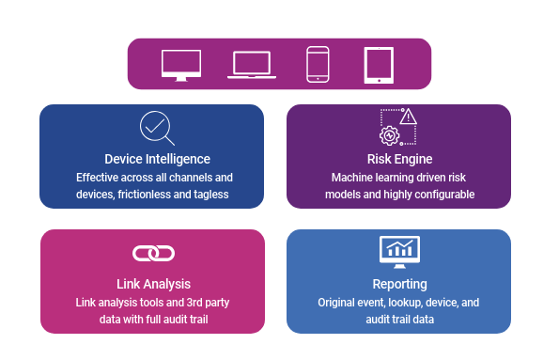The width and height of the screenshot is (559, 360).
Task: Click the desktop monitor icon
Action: [x=181, y=65]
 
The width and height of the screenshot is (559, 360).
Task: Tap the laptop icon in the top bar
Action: [x=251, y=65]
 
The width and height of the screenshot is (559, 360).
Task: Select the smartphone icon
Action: [x=318, y=64]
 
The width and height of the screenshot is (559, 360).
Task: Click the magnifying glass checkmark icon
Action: [x=156, y=128]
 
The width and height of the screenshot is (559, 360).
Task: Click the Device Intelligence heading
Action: [x=157, y=159]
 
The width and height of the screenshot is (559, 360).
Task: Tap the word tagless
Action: [x=210, y=195]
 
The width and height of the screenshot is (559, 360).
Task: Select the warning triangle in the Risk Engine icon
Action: [x=409, y=117]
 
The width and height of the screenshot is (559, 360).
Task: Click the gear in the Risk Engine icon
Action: [x=389, y=135]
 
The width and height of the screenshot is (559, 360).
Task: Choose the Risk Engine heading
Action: [x=399, y=159]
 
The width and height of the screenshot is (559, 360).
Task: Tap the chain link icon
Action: [x=153, y=253]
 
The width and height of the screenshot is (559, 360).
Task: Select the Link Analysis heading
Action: [x=153, y=284]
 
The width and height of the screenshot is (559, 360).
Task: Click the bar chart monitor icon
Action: [x=399, y=250]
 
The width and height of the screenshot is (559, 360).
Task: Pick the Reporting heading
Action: [x=399, y=284]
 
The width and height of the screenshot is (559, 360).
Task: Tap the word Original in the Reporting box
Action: [x=337, y=303]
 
